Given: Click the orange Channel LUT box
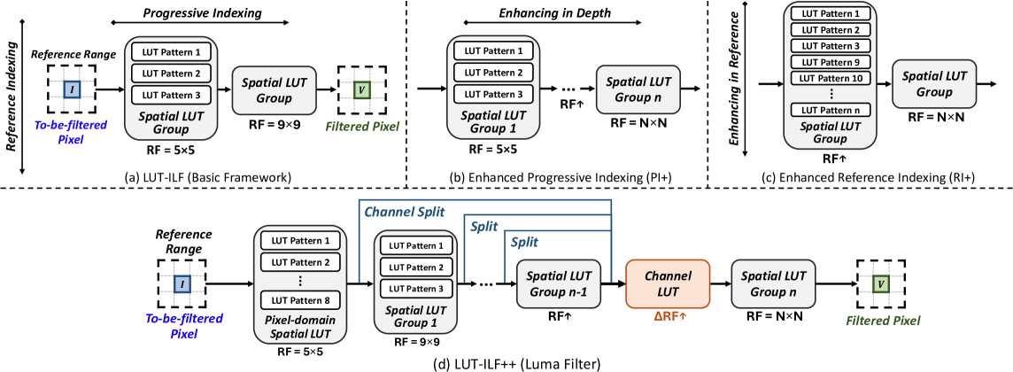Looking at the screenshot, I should (x=668, y=283).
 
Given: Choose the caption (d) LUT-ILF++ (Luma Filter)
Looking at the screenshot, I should (x=506, y=362).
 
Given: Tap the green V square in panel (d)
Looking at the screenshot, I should (x=881, y=283).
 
